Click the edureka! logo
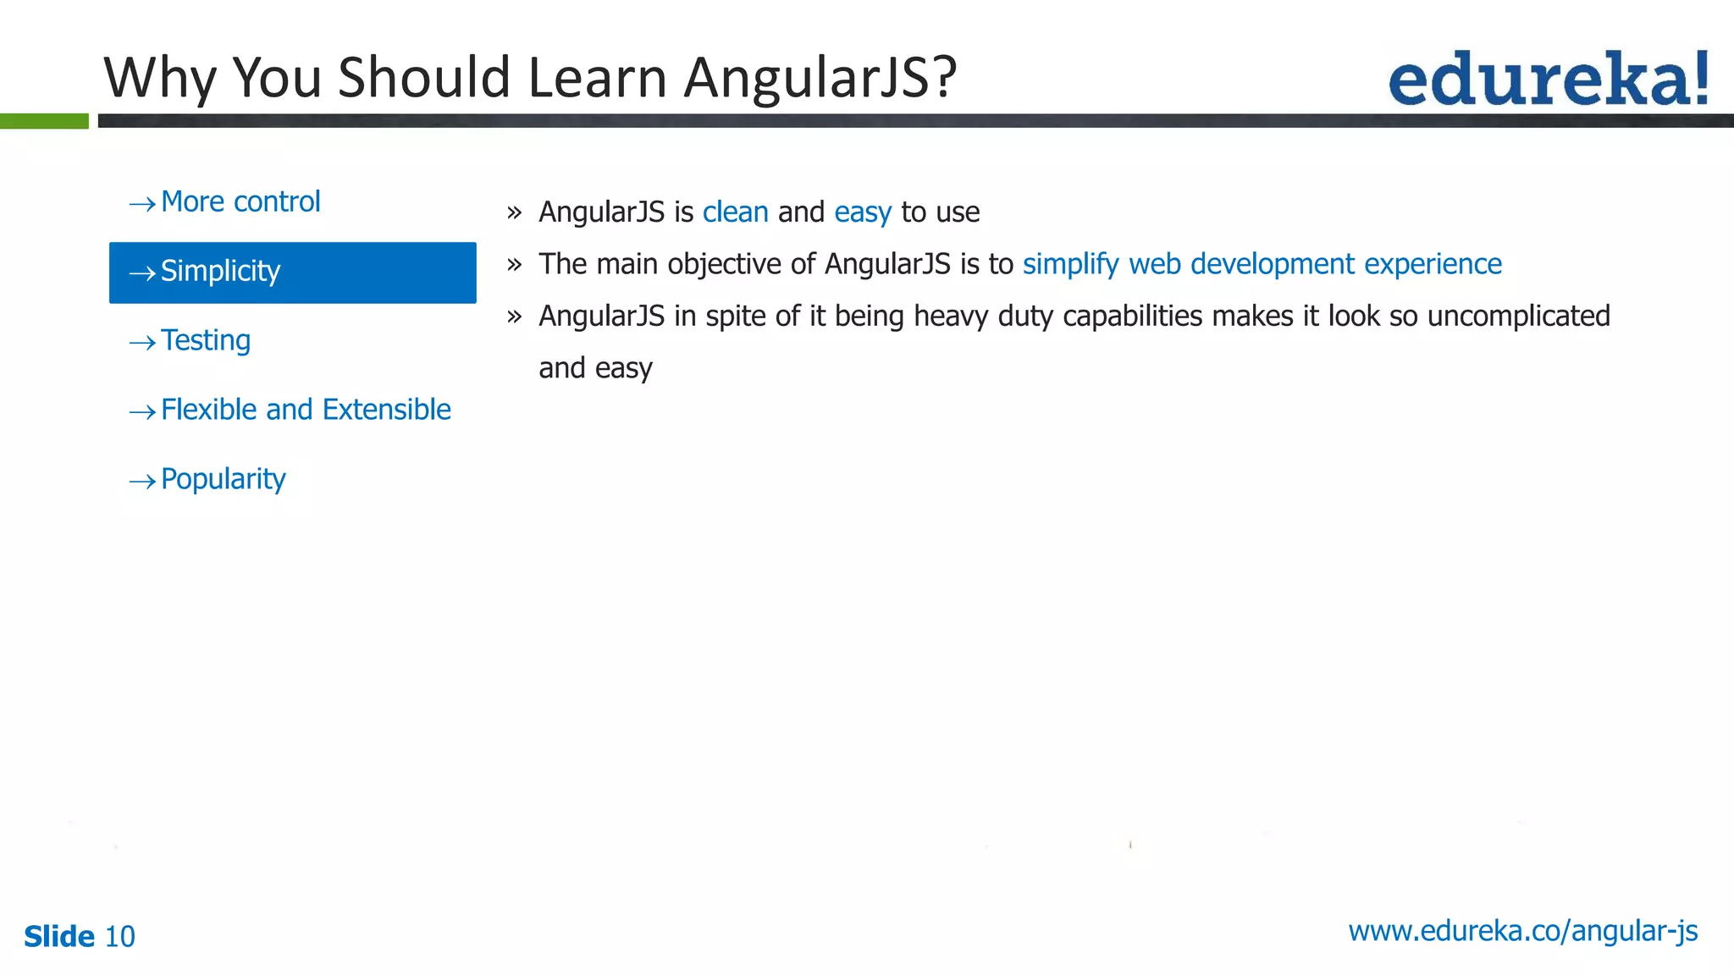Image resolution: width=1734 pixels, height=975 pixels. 1548,80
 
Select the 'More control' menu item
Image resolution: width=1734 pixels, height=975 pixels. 240,202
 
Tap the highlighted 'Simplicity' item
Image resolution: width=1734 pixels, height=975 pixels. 292,273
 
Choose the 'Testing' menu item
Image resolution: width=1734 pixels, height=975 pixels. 206,341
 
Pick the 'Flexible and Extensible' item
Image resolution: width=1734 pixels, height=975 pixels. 306,410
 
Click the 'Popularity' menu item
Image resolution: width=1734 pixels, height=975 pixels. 224,480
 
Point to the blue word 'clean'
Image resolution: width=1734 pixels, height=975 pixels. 735,212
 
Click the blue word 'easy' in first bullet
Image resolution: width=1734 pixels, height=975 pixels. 862,212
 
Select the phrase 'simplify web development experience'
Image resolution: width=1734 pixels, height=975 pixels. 1262,264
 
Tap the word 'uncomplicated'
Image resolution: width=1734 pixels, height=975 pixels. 1518,317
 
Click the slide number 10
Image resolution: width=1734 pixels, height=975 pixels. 119,937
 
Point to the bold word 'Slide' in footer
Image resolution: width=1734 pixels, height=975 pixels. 59,937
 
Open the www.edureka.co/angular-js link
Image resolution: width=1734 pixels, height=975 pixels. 1522,931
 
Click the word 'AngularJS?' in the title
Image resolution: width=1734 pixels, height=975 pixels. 820,78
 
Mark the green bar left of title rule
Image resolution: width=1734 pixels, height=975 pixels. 44,121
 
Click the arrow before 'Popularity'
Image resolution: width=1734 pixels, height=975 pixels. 142,482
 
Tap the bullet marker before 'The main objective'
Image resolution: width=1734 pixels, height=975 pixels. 514,265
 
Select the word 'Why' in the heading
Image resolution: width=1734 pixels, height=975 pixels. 157,78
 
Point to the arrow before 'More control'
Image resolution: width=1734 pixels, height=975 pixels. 142,204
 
